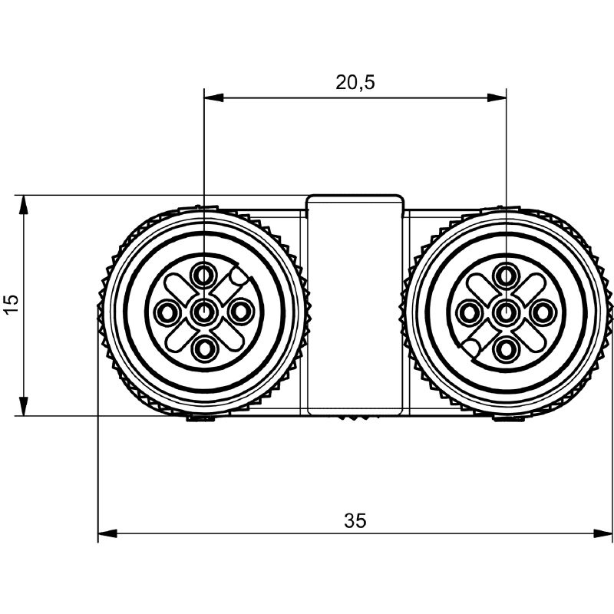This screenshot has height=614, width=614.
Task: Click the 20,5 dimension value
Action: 355,82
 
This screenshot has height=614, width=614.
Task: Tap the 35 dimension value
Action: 355,521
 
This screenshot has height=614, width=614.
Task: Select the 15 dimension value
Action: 12,303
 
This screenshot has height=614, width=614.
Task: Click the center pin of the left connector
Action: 203,312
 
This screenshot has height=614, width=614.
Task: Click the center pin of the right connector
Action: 506,312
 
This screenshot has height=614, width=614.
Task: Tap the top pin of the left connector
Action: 203,276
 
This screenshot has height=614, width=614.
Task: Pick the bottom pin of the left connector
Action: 203,348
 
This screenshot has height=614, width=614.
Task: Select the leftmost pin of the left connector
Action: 167,312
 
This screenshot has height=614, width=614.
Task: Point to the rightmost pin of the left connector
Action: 240,312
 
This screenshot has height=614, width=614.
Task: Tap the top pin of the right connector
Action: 506,276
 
